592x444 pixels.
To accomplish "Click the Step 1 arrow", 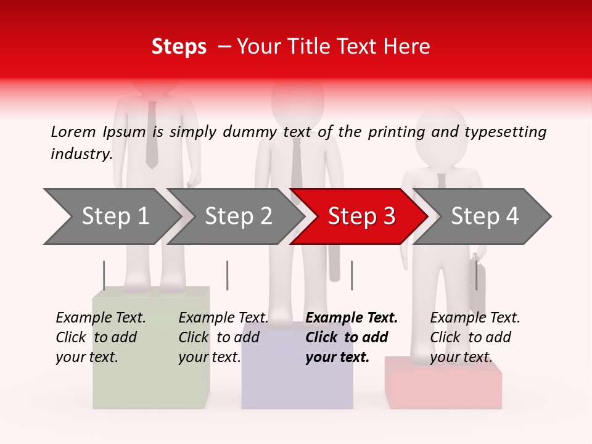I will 111,216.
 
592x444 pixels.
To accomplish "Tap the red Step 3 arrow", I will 359,216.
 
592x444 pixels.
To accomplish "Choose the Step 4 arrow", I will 482,216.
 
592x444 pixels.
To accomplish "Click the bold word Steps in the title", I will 179,46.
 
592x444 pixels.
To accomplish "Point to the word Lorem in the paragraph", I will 73,131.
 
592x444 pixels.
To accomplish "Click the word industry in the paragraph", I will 81,154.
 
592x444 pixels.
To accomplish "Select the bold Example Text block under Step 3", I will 351,337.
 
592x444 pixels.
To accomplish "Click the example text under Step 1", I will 101,337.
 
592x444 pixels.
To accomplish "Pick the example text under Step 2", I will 223,337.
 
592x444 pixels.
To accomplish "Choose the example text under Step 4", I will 475,337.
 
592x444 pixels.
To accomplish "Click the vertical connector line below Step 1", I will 104,275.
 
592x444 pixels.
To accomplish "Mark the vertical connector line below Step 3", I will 351,275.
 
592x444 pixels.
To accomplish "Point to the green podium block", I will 151,382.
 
